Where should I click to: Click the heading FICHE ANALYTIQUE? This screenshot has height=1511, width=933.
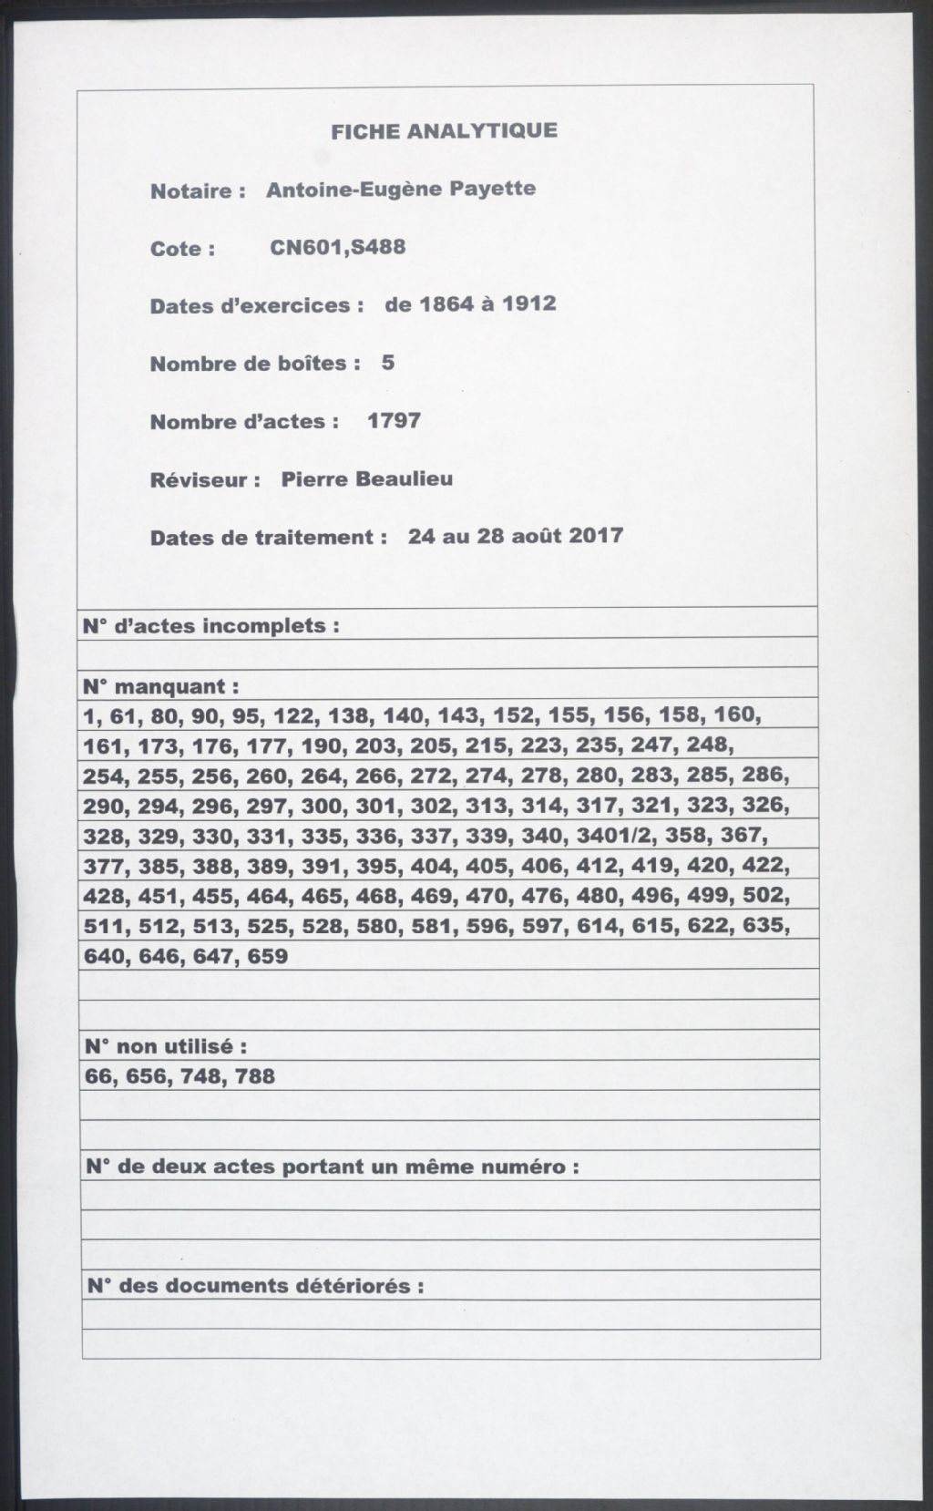point(444,131)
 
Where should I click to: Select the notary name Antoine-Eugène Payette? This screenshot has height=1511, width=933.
point(401,190)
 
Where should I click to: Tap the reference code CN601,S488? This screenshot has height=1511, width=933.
point(338,247)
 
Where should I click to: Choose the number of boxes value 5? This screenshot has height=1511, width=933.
point(388,363)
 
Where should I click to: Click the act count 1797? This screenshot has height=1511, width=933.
point(394,420)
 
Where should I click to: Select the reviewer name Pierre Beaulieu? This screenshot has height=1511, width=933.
point(366,478)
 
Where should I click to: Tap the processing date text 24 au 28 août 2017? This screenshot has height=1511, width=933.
point(516,535)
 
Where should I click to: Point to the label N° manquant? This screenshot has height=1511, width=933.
point(161,685)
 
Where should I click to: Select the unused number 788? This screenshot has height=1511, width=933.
point(254,1076)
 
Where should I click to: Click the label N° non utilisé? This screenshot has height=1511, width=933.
point(164,1046)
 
